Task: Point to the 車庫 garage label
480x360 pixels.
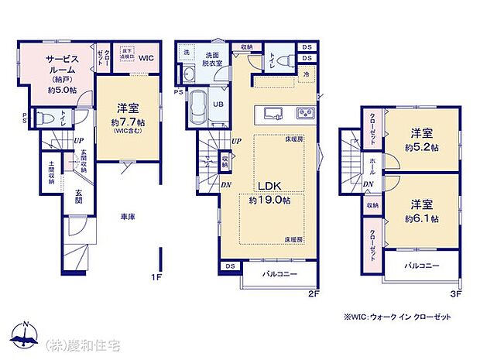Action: pyautogui.click(x=128, y=218)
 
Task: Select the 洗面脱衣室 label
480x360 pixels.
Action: pyautogui.click(x=214, y=60)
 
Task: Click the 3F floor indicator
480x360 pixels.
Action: pyautogui.click(x=456, y=293)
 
